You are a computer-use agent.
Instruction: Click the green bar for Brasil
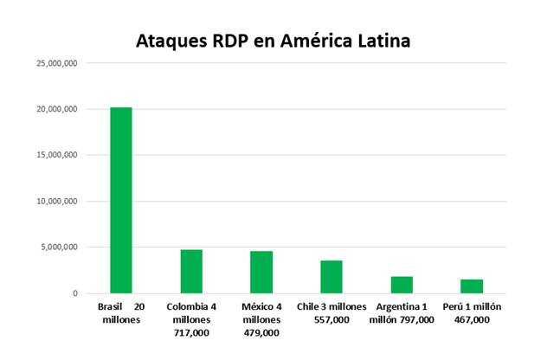(x=121, y=200)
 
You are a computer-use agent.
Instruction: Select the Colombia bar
(x=191, y=271)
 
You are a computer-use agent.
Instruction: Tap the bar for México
(x=261, y=272)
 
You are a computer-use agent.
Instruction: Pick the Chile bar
(x=331, y=277)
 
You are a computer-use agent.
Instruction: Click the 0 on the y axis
(x=76, y=293)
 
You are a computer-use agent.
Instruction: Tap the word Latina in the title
(x=382, y=41)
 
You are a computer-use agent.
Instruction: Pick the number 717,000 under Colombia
(x=191, y=332)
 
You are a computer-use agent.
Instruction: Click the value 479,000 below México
(x=261, y=332)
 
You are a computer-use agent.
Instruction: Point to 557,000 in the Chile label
(x=331, y=320)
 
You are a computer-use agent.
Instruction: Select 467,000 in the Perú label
(x=472, y=320)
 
